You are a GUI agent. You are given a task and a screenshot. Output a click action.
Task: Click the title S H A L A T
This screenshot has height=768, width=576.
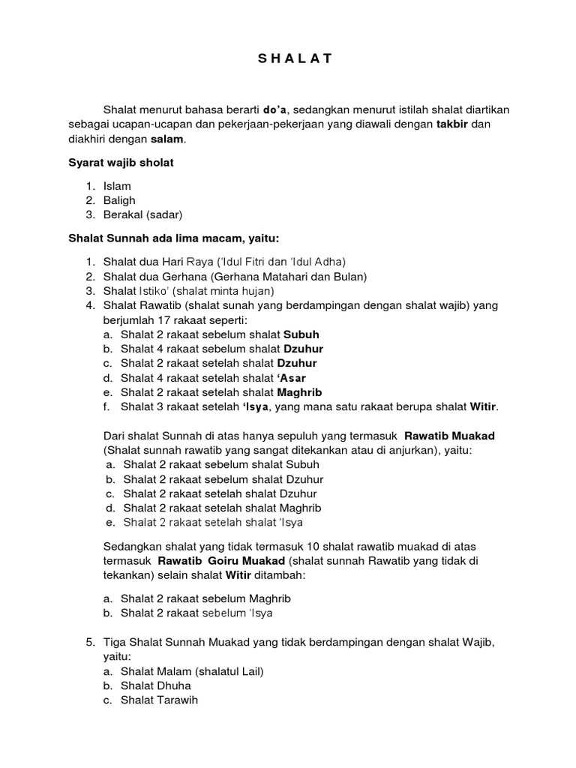(x=289, y=58)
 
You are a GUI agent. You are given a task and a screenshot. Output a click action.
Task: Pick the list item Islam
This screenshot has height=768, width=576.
(x=117, y=186)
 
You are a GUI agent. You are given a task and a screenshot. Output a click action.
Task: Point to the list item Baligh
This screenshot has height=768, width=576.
(x=120, y=200)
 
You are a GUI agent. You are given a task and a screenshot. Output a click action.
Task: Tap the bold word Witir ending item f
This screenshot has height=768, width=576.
(x=483, y=406)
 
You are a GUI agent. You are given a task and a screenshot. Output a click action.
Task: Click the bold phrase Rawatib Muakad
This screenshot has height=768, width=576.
(x=449, y=436)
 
